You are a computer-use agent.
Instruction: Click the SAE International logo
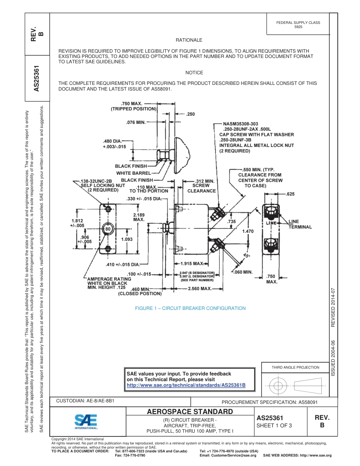86,421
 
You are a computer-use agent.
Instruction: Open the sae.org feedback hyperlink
186,385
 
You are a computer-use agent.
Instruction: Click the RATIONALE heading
189,40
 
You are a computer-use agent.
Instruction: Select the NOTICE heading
194,73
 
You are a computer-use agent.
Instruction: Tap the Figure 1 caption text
190,308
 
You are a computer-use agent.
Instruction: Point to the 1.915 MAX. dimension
193,264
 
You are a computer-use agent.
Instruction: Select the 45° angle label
246,256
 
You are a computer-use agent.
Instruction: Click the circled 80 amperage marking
108,229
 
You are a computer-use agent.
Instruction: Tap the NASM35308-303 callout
241,124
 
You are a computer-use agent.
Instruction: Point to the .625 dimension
290,194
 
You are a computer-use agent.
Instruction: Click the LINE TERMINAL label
300,224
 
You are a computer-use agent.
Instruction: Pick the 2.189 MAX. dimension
139,217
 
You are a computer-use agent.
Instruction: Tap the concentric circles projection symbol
279,386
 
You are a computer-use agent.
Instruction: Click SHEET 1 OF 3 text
274,425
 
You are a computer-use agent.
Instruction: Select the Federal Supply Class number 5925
298,27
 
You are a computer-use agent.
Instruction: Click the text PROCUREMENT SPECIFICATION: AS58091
269,402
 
